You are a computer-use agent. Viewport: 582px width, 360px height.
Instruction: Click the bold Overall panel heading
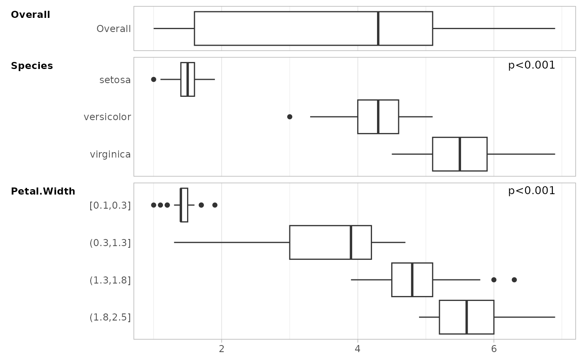(30, 15)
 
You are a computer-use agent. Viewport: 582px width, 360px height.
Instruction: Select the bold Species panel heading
(32, 66)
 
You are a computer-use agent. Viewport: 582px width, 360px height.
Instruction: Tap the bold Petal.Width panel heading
(43, 192)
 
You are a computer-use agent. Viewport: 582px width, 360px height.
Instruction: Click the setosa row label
(115, 80)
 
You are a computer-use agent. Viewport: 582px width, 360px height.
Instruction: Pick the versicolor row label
(107, 117)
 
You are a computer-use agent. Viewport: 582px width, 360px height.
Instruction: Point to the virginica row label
(110, 155)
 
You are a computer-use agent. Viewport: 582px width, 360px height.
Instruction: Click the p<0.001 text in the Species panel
(531, 65)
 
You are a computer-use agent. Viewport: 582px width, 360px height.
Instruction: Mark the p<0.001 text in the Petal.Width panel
(531, 191)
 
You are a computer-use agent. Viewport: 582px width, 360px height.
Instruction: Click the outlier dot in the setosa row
(153, 79)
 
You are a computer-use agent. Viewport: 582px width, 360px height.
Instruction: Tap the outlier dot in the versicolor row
(290, 117)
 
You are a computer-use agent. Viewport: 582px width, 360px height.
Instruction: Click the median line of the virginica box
(459, 154)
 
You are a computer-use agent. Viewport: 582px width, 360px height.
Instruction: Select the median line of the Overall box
(378, 28)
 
